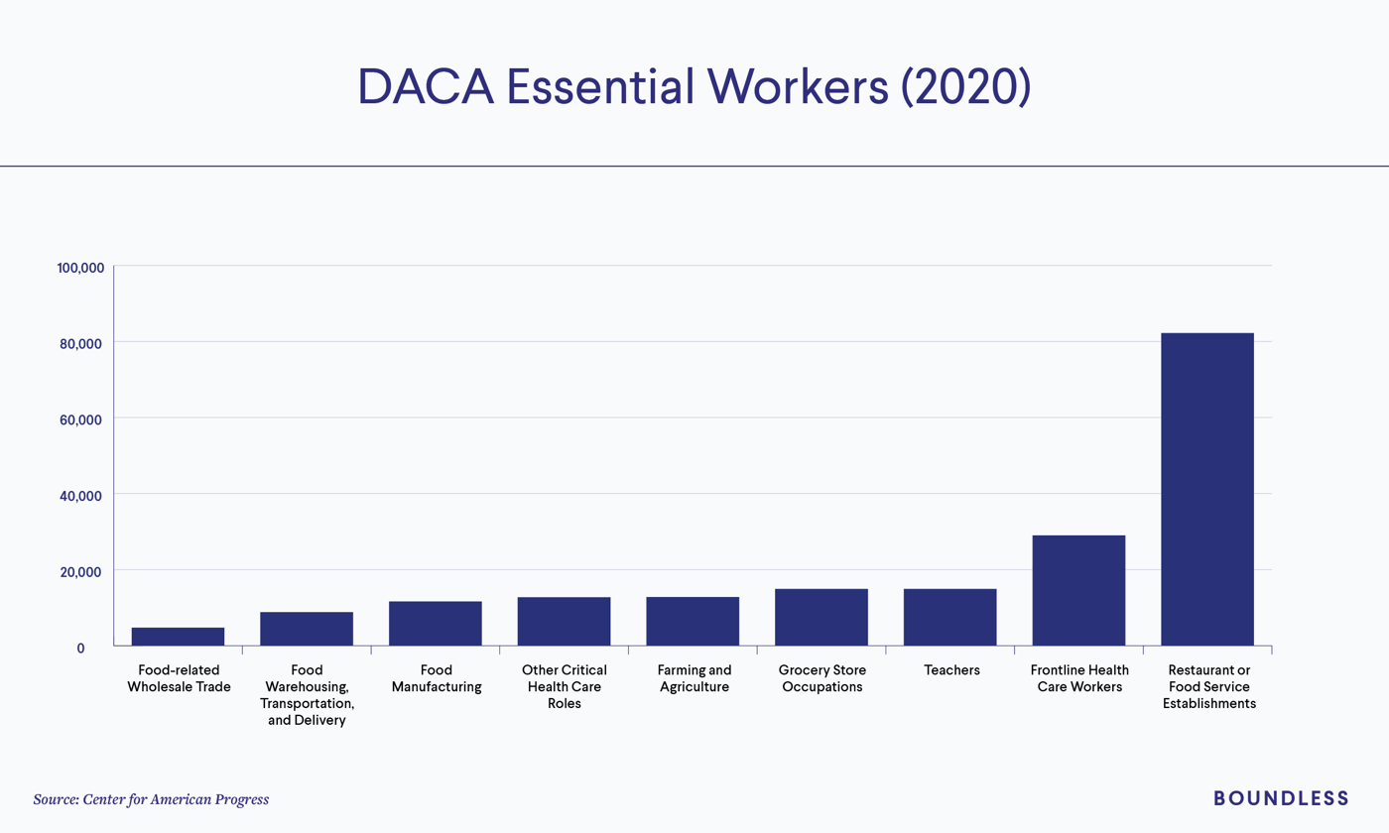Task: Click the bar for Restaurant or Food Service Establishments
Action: [x=1206, y=490]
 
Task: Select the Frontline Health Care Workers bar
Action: [x=1078, y=591]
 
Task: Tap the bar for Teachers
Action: [x=949, y=618]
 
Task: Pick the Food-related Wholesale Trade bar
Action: [x=178, y=637]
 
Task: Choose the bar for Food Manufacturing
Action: [x=435, y=624]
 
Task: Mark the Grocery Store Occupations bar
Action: [x=821, y=618]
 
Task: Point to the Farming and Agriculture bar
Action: [x=693, y=622]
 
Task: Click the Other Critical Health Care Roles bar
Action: [x=564, y=622]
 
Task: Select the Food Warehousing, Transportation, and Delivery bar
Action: [x=307, y=629]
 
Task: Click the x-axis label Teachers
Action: [x=950, y=670]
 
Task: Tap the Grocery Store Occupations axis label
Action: [x=821, y=678]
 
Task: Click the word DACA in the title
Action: [x=427, y=87]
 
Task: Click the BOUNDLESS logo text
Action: [x=1281, y=798]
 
